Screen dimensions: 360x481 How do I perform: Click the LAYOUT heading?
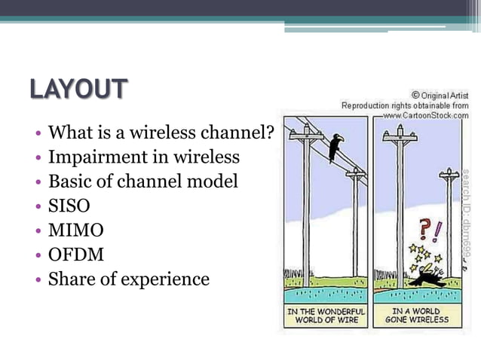[x=78, y=89]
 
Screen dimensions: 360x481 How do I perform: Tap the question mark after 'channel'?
[x=268, y=133]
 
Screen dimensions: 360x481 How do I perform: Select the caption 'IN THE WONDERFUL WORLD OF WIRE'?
[x=326, y=315]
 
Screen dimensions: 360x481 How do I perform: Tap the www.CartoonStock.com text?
[x=425, y=115]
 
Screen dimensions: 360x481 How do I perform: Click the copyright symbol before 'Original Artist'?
[x=415, y=96]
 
